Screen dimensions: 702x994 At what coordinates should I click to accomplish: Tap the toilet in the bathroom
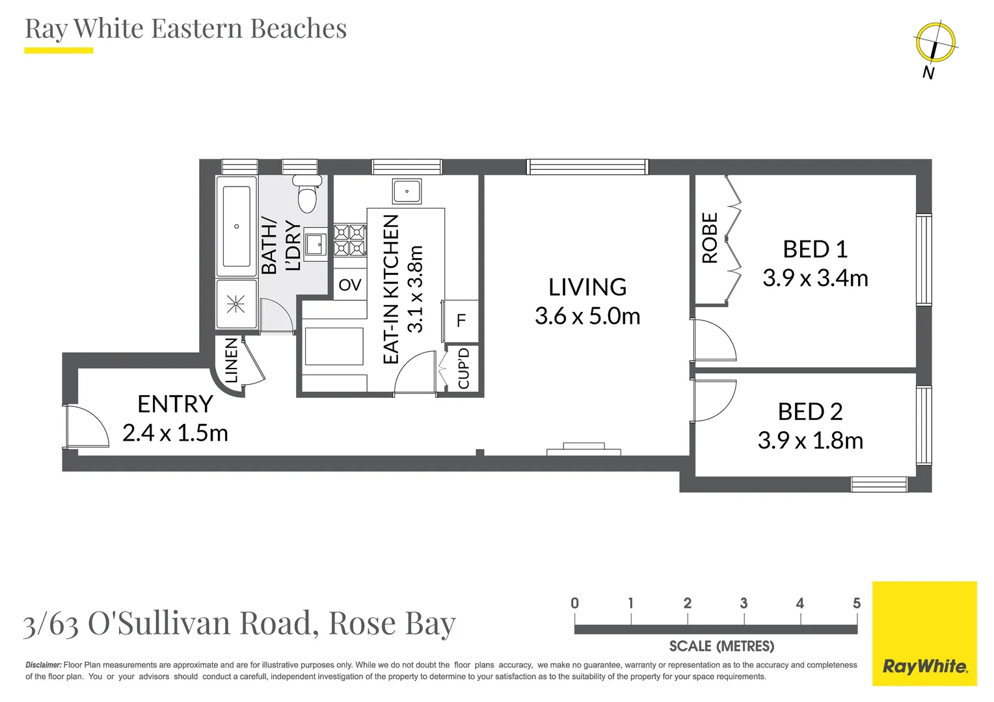click(307, 194)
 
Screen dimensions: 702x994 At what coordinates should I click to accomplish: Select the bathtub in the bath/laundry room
click(236, 226)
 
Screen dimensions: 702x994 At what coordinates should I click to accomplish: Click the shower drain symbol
click(235, 304)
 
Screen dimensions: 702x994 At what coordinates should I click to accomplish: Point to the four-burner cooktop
click(349, 240)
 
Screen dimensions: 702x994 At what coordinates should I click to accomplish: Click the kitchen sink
click(407, 192)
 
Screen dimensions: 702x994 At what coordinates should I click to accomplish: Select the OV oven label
click(349, 285)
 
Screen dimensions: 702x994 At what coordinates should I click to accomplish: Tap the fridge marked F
click(461, 320)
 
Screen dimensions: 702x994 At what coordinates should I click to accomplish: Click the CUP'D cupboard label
click(463, 369)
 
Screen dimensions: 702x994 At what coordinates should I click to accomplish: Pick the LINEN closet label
click(231, 360)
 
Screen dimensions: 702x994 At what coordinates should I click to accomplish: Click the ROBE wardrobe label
click(710, 238)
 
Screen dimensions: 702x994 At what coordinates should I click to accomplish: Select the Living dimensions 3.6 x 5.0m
click(587, 317)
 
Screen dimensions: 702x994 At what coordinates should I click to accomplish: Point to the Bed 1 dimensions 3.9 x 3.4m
click(815, 278)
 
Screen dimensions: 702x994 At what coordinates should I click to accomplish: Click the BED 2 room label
click(810, 411)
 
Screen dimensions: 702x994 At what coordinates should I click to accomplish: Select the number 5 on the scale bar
click(857, 603)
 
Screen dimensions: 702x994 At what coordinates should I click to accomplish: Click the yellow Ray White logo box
click(924, 633)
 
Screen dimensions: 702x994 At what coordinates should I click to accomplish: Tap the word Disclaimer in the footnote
click(43, 665)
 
